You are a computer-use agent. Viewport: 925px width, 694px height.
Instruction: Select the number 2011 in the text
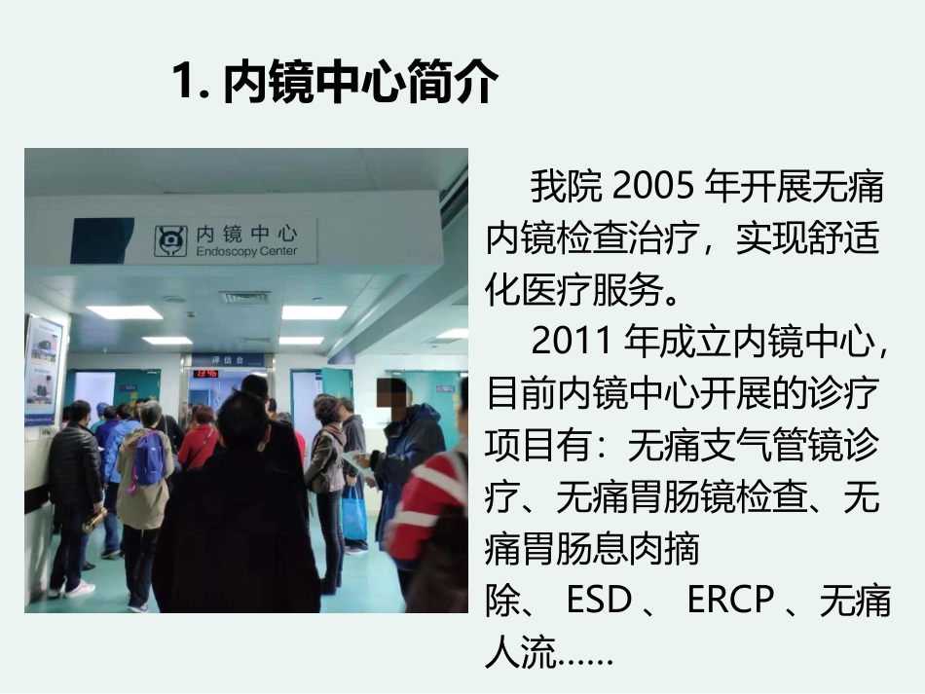575,342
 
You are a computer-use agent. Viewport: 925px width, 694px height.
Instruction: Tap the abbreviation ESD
600,601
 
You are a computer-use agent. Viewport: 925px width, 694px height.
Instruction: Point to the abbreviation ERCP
730,601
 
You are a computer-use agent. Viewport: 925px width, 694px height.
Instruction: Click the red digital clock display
205,373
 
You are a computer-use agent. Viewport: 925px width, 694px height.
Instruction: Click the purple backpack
149,458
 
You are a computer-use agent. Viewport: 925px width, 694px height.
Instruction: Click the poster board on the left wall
42,371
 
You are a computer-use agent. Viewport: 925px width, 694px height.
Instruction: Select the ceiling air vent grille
243,297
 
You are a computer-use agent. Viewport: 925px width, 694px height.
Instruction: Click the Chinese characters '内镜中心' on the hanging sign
245,235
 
